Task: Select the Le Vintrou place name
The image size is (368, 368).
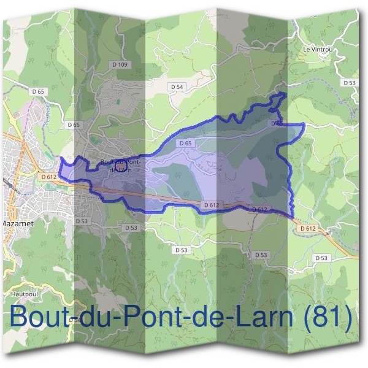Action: pyautogui.click(x=318, y=48)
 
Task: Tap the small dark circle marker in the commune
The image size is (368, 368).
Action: pyautogui.click(x=120, y=165)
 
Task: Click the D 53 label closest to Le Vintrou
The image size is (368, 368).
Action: pyautogui.click(x=349, y=82)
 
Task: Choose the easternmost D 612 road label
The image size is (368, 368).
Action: pyautogui.click(x=308, y=228)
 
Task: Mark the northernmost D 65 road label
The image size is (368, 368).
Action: pyautogui.click(x=37, y=91)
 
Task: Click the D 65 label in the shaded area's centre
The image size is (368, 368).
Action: pyautogui.click(x=186, y=142)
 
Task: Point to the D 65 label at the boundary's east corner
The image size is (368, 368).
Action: pyautogui.click(x=276, y=123)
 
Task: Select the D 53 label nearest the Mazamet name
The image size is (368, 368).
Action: pyautogui.click(x=82, y=221)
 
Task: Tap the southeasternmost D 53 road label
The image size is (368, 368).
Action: pyautogui.click(x=321, y=258)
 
